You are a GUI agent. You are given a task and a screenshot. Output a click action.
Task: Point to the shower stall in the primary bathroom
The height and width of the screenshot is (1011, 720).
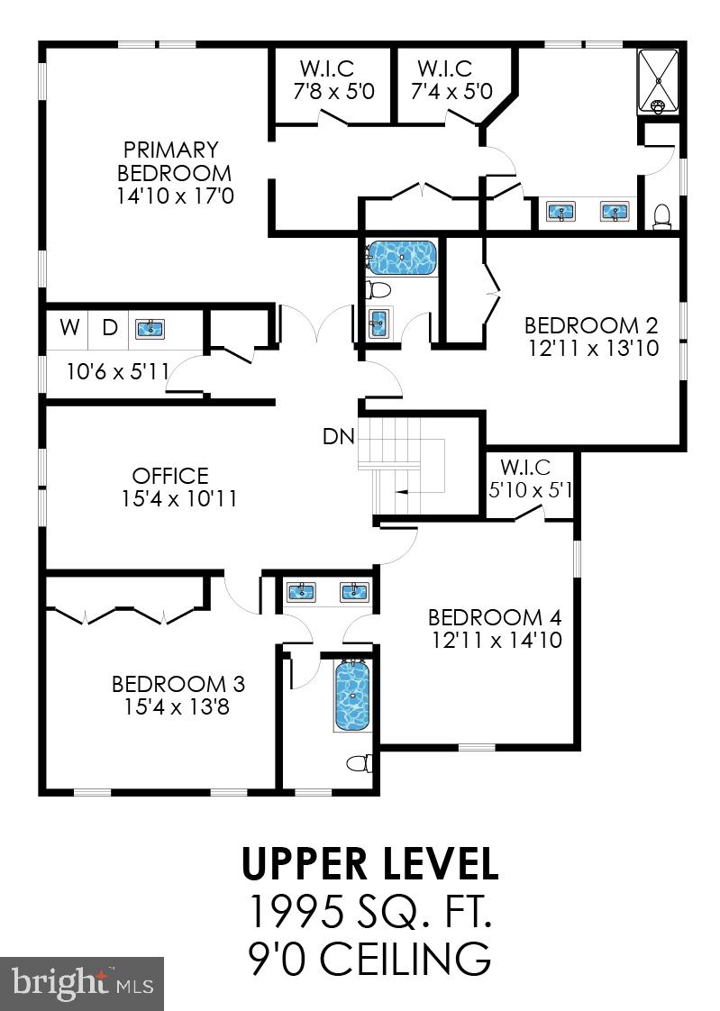click(660, 81)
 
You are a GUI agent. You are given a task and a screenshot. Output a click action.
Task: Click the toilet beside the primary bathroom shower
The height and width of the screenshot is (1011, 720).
click(662, 214)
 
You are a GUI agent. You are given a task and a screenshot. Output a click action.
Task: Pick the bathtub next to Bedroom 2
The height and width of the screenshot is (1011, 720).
click(401, 258)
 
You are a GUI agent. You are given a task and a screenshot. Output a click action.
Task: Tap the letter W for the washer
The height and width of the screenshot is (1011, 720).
click(69, 328)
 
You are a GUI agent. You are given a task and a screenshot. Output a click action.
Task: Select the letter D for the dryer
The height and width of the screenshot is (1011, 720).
click(110, 328)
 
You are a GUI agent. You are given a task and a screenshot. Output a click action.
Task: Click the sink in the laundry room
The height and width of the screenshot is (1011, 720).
click(150, 328)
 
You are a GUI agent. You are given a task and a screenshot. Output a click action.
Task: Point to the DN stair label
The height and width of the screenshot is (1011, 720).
click(340, 437)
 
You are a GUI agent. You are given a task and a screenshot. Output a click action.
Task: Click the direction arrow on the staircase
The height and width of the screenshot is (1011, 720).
click(403, 493)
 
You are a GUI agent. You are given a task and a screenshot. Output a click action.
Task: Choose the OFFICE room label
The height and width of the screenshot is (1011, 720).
click(170, 476)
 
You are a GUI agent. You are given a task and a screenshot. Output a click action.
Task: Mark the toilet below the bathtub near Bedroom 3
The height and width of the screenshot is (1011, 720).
click(360, 764)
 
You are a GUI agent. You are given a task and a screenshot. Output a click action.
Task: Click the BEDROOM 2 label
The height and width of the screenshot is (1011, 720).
click(591, 325)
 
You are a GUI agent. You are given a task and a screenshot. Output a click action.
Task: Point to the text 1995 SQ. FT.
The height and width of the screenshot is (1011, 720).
click(369, 913)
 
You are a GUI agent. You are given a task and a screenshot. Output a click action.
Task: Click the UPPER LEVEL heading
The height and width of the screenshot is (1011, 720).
click(369, 863)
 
